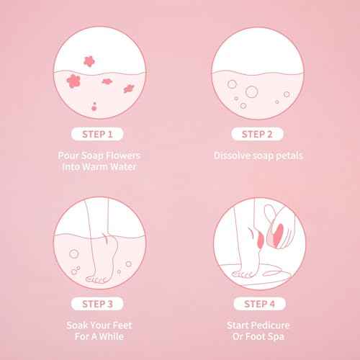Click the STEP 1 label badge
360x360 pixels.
(96, 134)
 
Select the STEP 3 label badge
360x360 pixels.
(96, 294)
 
